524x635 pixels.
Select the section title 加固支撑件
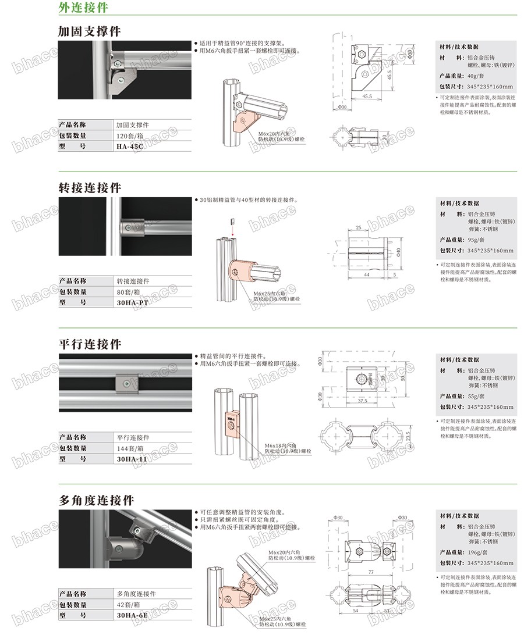pos(90,31)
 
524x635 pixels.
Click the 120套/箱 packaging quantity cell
pos(130,135)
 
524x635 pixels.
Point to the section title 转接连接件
pos(90,188)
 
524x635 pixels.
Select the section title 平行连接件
pos(90,344)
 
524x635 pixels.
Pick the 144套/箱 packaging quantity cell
pos(130,448)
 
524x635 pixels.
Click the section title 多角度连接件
pos(96,500)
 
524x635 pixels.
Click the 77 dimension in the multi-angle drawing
pos(370,572)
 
